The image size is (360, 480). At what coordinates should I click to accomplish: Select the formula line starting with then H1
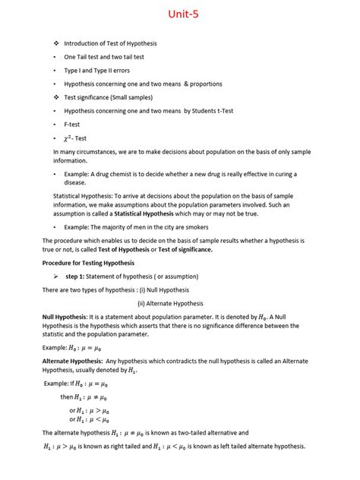[86, 397]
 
